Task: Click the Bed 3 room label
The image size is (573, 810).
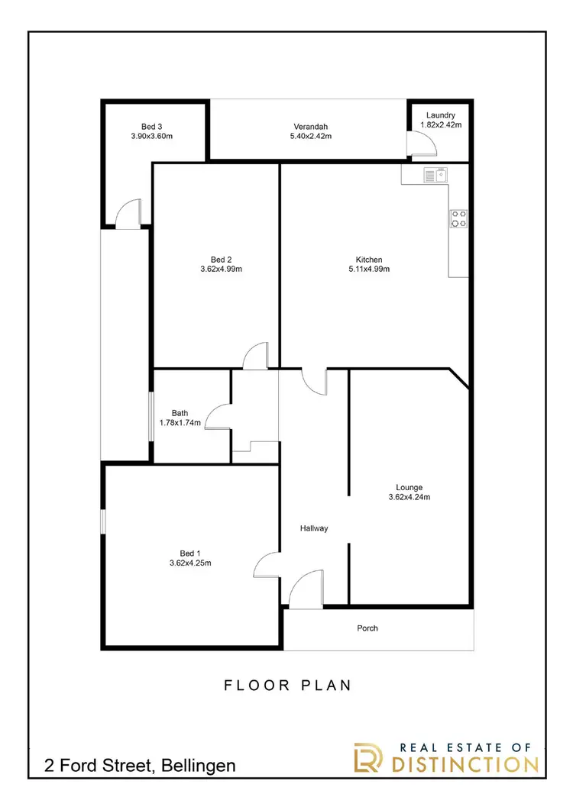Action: (x=151, y=127)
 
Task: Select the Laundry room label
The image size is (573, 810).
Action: (x=440, y=115)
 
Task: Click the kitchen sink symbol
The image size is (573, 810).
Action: (x=434, y=176)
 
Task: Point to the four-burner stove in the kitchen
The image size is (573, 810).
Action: (x=458, y=219)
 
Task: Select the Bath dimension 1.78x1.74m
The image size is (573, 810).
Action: (x=180, y=422)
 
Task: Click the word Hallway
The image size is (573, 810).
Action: (x=313, y=528)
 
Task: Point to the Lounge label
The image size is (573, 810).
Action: (x=409, y=487)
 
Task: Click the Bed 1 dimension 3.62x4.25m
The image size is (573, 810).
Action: (x=190, y=563)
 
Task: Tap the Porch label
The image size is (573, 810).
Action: (x=367, y=628)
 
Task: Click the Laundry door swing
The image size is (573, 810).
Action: (x=419, y=144)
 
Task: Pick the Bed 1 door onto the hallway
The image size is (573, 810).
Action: (x=267, y=565)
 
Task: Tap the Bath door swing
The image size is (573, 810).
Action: (x=219, y=417)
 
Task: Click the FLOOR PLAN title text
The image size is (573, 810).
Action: (x=288, y=685)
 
